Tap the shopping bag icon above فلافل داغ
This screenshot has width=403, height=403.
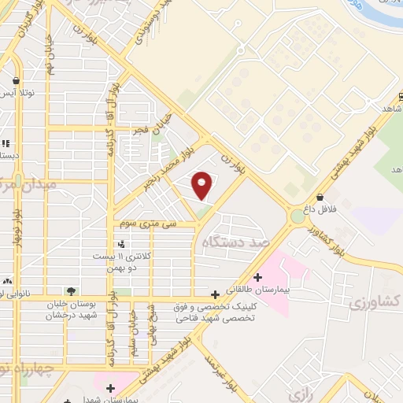click(320, 197)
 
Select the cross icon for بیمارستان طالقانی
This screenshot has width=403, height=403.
click(257, 275)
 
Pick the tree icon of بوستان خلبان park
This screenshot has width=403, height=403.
click(72, 290)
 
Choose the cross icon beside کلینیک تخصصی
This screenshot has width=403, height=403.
click(215, 294)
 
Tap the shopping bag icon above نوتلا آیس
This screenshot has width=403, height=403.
click(16, 80)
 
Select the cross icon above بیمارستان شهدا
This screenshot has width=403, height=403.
click(111, 387)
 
